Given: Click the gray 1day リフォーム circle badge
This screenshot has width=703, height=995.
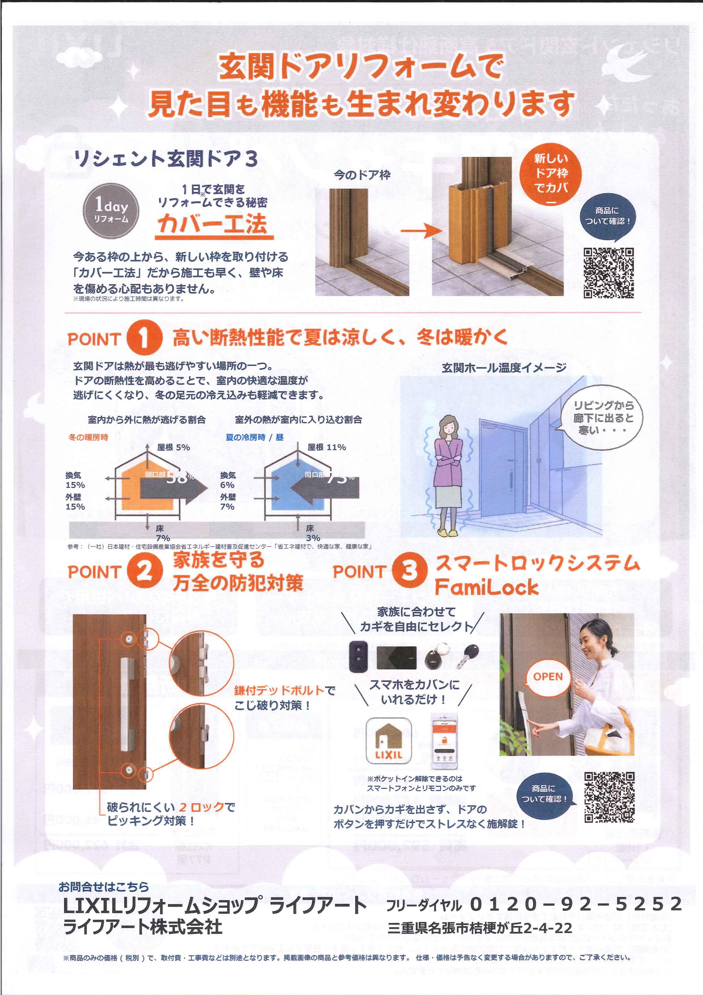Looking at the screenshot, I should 111,211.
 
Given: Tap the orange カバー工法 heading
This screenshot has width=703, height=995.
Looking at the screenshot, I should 213,224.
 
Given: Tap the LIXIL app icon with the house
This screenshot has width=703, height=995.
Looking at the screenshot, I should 389,741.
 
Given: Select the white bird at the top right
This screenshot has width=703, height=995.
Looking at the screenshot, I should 629,64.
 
